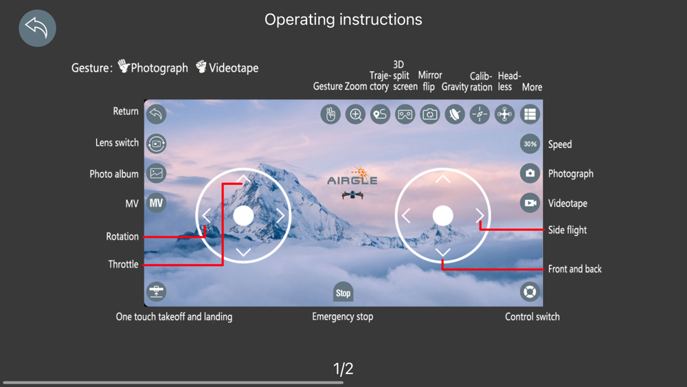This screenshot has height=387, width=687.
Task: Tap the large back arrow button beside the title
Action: coord(37,28)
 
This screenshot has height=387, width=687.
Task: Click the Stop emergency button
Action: coord(343,292)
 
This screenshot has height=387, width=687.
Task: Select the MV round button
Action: coord(157,203)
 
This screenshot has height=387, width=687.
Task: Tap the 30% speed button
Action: coord(530,144)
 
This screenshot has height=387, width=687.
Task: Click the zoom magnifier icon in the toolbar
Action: coord(355,114)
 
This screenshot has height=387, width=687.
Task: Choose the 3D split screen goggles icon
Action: coord(405,114)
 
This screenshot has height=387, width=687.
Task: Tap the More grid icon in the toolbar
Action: coord(530,114)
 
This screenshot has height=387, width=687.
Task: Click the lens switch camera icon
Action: coord(157,144)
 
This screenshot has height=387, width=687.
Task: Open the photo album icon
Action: coord(157,173)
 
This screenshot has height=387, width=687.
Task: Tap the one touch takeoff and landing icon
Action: coord(157,291)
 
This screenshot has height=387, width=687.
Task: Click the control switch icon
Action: coord(530,291)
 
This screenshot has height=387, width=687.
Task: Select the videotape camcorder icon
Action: coord(530,203)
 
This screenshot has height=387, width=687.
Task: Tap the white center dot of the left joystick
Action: coord(243,216)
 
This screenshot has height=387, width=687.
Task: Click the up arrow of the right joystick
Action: coord(443,179)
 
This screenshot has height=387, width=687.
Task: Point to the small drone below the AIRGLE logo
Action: coord(352,194)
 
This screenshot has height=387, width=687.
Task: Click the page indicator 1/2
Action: coord(343,368)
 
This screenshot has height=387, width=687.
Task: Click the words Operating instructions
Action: coord(343,19)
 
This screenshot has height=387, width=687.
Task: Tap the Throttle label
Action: coord(123,264)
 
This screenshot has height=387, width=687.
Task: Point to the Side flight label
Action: coord(567,230)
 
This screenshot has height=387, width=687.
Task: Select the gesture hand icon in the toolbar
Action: coord(330,114)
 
